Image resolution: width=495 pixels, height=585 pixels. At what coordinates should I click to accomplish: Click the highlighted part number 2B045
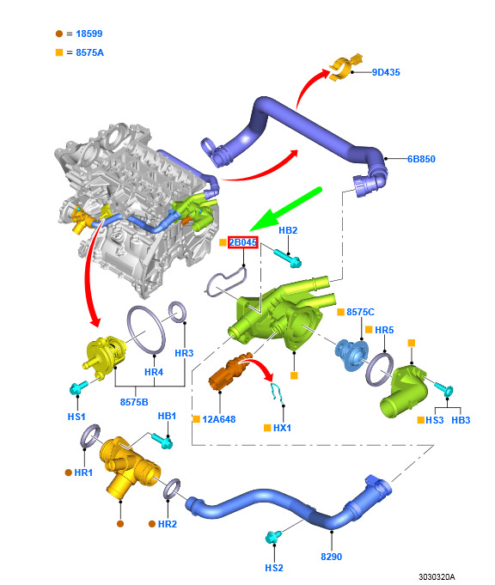pos(242,242)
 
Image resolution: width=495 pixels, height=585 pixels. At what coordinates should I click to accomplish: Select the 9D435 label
pos(386,72)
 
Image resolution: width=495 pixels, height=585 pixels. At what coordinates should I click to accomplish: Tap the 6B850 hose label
pos(421,159)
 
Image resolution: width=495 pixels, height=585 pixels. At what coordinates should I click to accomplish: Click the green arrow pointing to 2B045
pos(285,209)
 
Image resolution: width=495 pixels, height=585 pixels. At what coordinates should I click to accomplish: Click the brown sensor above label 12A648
pos(228,372)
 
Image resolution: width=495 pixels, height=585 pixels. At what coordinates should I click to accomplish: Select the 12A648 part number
pos(219,419)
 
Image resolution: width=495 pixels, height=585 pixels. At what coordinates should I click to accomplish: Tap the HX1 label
pos(282,428)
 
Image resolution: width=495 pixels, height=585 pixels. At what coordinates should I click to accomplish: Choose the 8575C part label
pos(360,312)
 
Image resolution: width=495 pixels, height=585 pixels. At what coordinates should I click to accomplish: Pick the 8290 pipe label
pos(331,557)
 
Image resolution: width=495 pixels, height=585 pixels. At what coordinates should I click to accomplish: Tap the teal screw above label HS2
pos(273,537)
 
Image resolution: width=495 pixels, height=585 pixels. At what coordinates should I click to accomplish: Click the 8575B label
pos(134,402)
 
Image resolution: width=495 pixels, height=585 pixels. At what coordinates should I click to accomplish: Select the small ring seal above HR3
pos(177,312)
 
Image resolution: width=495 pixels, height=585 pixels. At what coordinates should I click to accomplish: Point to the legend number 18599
pos(89,34)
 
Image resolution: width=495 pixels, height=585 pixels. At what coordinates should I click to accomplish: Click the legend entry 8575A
pos(89,52)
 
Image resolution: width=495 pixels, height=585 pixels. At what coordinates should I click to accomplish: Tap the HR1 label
pos(83,472)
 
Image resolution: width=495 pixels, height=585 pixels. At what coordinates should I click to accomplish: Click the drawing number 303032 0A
pos(437,576)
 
